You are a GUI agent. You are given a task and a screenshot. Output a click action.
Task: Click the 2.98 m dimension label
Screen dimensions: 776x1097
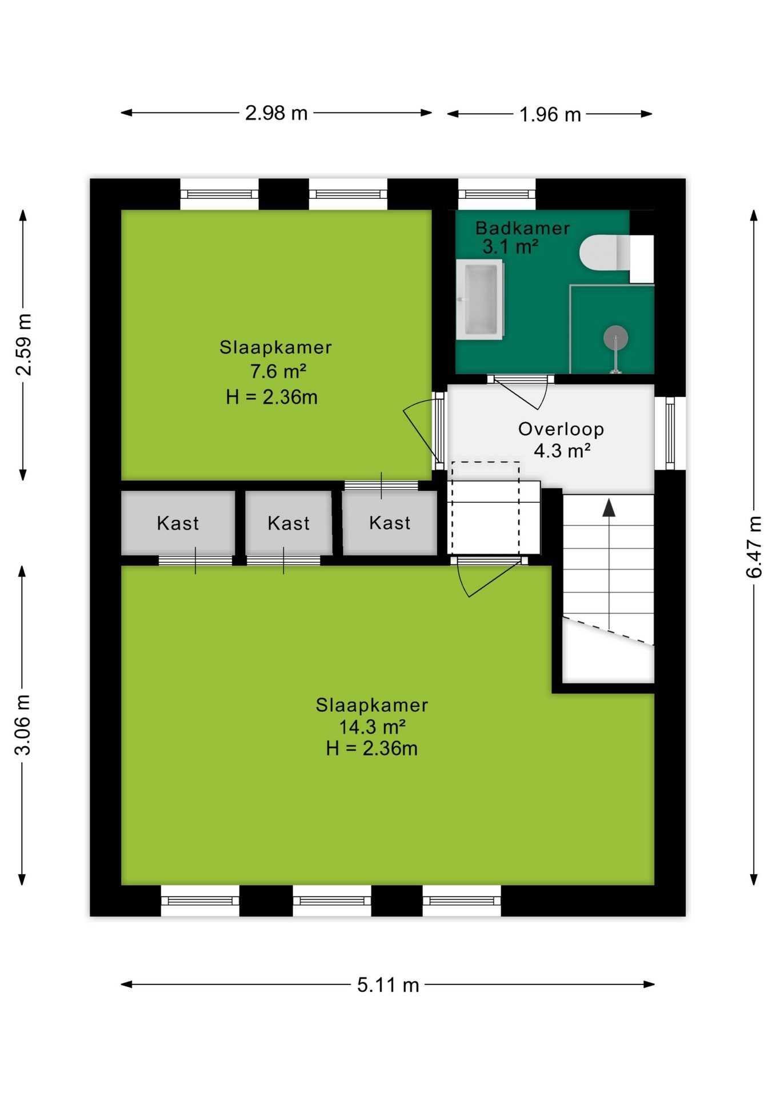(276, 113)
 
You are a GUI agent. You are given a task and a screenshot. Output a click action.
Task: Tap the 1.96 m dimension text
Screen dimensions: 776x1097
(550, 115)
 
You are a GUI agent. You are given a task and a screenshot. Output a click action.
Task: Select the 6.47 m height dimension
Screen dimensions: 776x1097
(754, 547)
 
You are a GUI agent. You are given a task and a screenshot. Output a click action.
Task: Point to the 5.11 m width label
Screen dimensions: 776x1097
(388, 984)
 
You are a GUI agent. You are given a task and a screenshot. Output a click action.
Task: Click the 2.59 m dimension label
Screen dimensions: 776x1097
(23, 345)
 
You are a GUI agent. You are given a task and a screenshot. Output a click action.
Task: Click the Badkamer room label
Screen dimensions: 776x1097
(523, 228)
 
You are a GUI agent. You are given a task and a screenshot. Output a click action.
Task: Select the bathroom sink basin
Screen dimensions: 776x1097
(480, 299)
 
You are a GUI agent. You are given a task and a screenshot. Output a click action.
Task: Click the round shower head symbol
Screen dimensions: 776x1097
(615, 338)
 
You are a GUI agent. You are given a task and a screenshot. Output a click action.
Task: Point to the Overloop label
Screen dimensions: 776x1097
(561, 429)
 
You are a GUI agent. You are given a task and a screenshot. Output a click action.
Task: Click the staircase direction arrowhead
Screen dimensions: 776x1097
(609, 507)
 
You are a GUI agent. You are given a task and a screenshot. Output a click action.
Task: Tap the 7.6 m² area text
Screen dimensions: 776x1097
(278, 371)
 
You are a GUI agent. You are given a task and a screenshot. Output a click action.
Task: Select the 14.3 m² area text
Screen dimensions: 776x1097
(372, 727)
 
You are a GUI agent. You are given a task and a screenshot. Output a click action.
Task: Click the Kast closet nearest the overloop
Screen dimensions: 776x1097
(390, 522)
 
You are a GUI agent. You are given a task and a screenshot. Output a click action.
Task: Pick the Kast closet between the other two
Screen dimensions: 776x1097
(289, 522)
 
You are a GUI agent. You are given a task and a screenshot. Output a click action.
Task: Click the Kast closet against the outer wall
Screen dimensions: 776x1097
(178, 522)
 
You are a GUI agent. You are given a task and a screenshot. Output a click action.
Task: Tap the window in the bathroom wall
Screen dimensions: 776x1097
(497, 194)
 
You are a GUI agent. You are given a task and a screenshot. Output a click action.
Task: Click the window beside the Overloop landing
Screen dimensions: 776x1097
(670, 433)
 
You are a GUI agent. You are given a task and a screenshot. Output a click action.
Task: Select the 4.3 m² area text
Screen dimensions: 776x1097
(562, 451)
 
